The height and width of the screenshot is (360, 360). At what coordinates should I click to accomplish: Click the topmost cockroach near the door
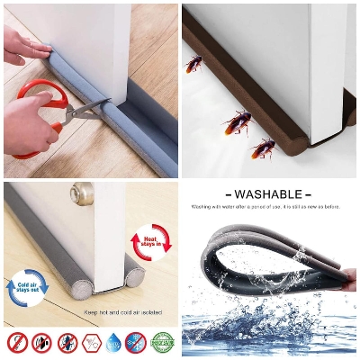193,63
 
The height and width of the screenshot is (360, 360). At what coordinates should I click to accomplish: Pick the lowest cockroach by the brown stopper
263,147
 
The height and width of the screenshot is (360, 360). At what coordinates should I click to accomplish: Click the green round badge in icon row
162,343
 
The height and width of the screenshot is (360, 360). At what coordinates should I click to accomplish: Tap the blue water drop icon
114,343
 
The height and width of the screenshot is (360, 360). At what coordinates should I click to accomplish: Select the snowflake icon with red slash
137,343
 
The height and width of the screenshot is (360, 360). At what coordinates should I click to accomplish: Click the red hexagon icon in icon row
91,343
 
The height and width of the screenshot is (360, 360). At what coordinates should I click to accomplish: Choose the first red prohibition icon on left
17,343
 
